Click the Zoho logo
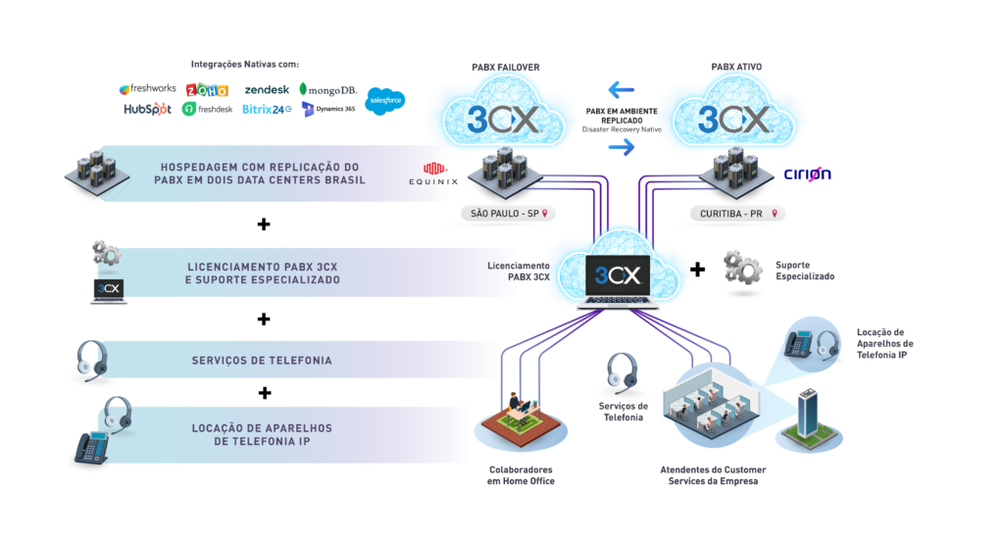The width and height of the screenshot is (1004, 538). tap(207, 89)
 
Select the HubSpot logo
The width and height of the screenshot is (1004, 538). tap(146, 110)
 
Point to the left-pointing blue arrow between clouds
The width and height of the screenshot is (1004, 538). tap(621, 90)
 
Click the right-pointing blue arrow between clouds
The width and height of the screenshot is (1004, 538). tap(621, 148)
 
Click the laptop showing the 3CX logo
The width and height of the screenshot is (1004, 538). tap(620, 278)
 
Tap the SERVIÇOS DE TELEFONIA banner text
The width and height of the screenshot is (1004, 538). tap(261, 361)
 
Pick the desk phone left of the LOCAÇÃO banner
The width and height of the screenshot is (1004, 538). tap(94, 446)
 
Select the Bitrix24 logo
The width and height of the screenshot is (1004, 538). tap(266, 110)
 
